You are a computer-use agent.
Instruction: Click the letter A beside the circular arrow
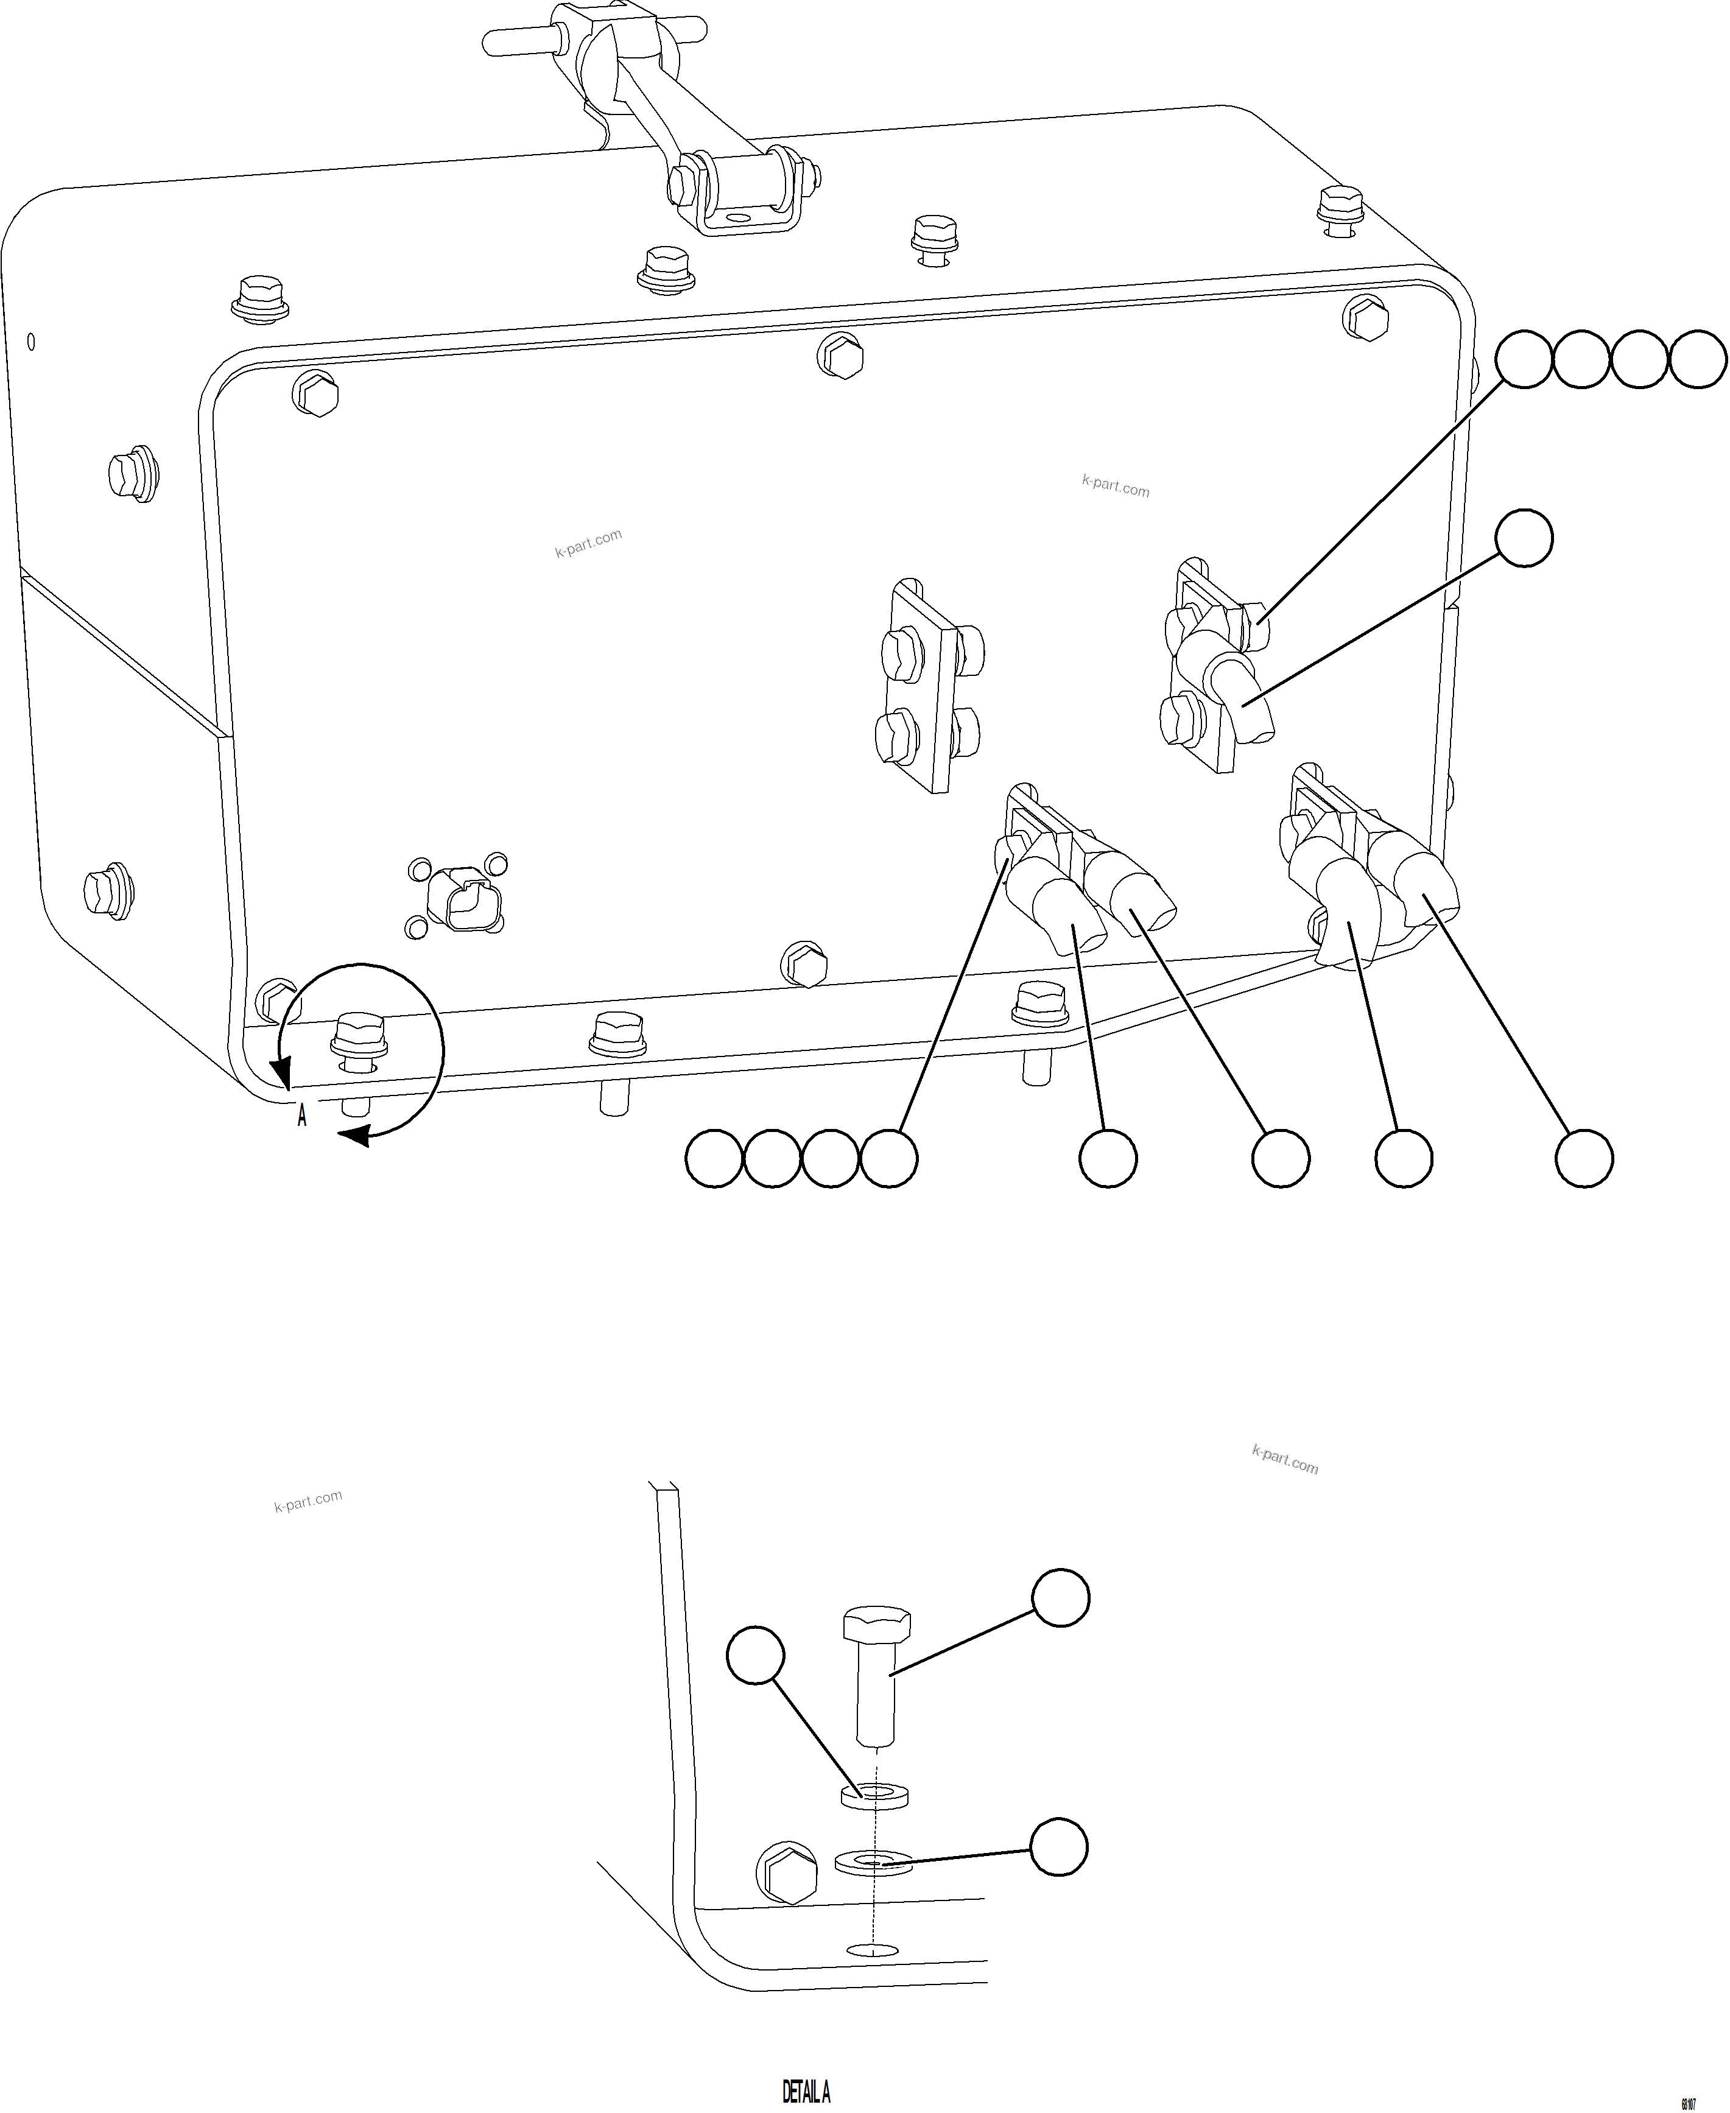click(302, 1116)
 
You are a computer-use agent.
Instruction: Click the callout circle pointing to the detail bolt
click(1060, 1598)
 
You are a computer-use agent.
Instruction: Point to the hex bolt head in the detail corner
click(788, 1873)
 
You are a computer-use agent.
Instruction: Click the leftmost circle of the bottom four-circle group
click(714, 1158)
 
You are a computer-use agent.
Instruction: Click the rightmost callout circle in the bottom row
click(1584, 1158)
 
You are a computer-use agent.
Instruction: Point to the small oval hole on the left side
click(31, 342)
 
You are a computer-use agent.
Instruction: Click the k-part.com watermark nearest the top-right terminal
click(1115, 487)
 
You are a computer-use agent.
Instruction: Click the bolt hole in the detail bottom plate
click(871, 1949)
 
